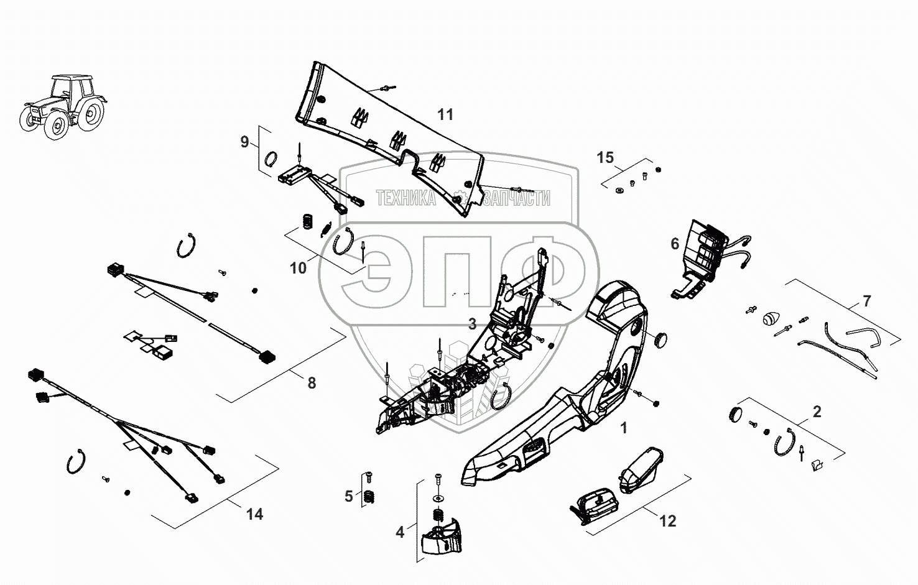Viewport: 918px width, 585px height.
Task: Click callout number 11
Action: (x=445, y=114)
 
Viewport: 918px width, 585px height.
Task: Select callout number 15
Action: (x=605, y=157)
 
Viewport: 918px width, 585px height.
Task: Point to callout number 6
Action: (x=675, y=244)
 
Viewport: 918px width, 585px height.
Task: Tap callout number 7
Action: (x=866, y=302)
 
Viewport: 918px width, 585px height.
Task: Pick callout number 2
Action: (x=817, y=411)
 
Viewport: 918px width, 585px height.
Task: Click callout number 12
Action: (x=667, y=521)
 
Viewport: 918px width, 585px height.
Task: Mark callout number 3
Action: (x=473, y=324)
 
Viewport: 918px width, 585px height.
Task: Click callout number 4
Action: (x=400, y=532)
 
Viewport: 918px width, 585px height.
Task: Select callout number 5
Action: (x=349, y=496)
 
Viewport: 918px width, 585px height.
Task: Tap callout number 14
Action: (x=254, y=514)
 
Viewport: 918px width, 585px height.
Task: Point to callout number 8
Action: (x=312, y=384)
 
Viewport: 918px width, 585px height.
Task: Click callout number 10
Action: (x=299, y=268)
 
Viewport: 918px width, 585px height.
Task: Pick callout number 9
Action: (x=244, y=142)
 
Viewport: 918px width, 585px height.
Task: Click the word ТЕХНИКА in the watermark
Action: (x=406, y=198)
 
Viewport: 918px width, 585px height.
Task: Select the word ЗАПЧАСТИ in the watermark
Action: (x=517, y=198)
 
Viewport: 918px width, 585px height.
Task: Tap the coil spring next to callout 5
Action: (x=368, y=497)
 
